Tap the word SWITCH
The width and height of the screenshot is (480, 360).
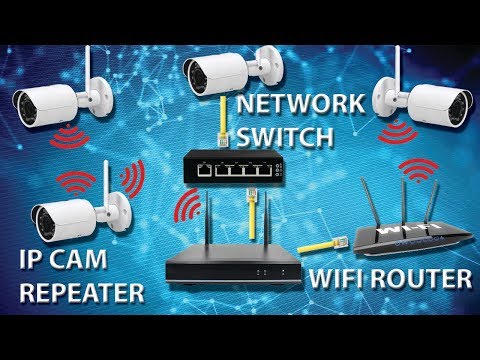[287, 135]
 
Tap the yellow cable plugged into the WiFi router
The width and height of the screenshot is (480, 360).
[317, 243]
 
